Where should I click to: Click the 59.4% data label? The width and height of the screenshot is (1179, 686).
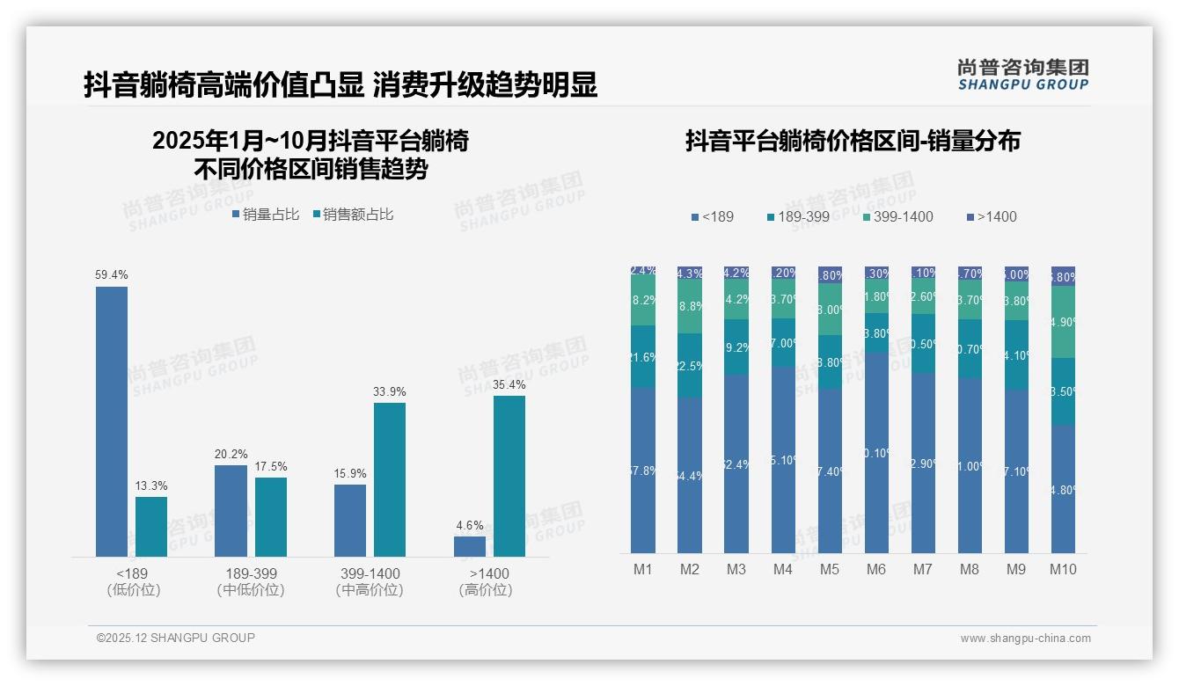(111, 275)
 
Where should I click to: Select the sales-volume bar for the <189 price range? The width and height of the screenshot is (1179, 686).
(111, 422)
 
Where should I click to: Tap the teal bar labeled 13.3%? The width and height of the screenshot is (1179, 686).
(151, 527)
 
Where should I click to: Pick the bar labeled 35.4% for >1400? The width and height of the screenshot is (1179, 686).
(509, 476)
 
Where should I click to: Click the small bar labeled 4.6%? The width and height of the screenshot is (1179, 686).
(470, 546)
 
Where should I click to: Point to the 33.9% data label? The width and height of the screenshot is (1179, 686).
(390, 391)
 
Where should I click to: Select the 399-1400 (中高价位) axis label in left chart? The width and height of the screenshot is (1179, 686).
(370, 581)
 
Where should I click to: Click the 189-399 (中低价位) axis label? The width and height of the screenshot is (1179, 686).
(251, 581)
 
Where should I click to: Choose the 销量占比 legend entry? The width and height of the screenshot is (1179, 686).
(265, 215)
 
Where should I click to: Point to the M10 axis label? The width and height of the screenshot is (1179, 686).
(1063, 569)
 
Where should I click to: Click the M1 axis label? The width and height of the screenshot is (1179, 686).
(643, 569)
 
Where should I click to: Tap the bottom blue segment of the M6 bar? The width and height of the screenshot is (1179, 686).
(876, 453)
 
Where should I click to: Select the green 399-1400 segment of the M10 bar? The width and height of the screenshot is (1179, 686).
(1063, 322)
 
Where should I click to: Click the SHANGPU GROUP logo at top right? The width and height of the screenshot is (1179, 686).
(1022, 75)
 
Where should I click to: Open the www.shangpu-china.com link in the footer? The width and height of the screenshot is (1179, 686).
(1025, 639)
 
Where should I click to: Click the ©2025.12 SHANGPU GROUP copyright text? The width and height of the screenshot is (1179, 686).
(176, 638)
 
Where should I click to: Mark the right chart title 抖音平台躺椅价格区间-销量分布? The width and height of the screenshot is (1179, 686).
(853, 141)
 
